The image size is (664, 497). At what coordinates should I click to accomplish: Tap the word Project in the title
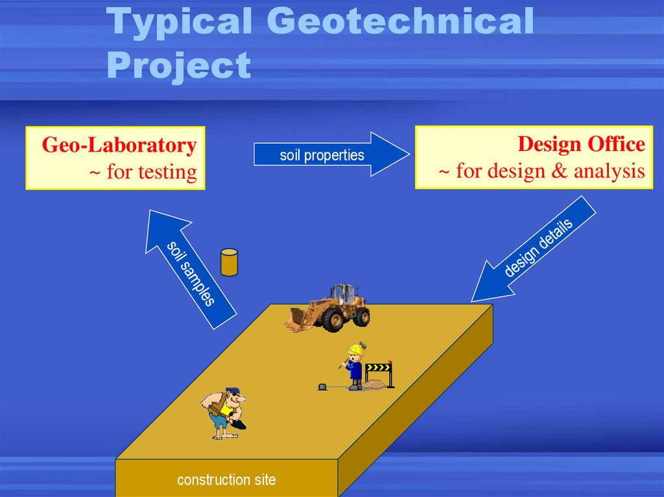coord(179,65)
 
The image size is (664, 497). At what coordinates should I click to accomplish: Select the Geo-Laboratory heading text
coord(119,145)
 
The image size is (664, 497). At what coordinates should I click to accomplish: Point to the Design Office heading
coord(581,144)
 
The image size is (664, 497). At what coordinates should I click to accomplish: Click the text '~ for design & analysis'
coord(542,171)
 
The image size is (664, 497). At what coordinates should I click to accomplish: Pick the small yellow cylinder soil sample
coord(229,262)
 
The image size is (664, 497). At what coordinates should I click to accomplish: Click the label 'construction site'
coord(226,480)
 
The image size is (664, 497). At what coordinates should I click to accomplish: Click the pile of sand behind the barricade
coord(375,385)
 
